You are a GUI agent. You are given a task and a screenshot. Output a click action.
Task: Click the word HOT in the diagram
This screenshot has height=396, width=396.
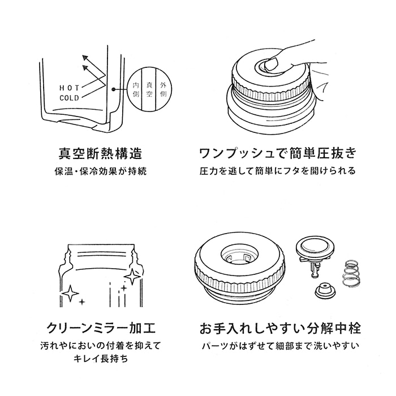(69, 88)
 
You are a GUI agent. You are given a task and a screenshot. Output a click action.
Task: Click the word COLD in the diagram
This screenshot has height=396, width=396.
(69, 98)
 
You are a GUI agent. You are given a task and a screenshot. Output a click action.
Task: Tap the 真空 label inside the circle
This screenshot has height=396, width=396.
(149, 89)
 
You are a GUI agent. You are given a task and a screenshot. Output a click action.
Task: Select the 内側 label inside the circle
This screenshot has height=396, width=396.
(136, 89)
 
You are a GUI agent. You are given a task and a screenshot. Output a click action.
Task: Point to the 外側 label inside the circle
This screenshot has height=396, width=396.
(163, 89)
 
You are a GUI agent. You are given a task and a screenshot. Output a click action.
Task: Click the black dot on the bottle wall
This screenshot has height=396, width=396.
(113, 89)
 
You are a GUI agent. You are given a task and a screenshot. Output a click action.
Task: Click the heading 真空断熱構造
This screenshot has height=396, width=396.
(100, 153)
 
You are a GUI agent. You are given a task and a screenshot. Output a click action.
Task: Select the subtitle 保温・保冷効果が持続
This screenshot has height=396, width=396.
(101, 171)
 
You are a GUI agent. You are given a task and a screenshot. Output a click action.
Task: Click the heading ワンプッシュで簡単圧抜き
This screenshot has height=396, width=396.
(278, 153)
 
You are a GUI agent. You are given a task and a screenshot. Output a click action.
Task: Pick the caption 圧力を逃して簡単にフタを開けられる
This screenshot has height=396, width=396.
(278, 171)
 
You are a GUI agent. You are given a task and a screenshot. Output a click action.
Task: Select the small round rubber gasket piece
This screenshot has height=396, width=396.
(325, 290)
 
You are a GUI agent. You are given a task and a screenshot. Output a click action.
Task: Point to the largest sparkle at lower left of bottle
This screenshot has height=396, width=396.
(70, 294)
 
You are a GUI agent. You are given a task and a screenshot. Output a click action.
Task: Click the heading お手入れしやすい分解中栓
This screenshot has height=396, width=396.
(280, 328)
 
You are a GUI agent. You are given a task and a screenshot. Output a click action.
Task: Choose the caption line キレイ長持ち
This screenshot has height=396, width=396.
(101, 359)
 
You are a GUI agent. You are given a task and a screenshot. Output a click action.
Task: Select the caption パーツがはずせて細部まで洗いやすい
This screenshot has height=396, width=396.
(281, 346)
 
